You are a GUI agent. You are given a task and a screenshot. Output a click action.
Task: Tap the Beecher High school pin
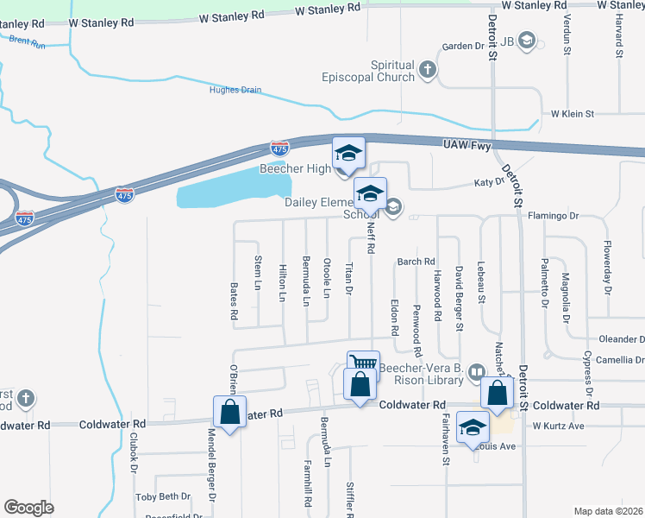pyautogui.click(x=349, y=154)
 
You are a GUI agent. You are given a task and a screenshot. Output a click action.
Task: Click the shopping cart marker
pyautogui.click(x=364, y=364)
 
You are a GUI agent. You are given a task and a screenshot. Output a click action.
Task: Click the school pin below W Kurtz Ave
pyautogui.click(x=473, y=429)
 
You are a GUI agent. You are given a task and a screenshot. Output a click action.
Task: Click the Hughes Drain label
pyautogui.click(x=235, y=90)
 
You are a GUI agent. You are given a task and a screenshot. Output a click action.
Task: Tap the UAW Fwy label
pyautogui.click(x=467, y=145)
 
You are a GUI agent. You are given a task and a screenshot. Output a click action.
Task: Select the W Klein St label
pyautogui.click(x=573, y=114)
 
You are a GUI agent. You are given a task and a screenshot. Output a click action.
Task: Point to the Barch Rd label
pyautogui.click(x=416, y=262)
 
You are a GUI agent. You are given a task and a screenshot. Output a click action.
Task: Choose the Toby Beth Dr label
pyautogui.click(x=163, y=496)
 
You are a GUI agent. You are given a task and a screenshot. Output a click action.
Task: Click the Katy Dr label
pyautogui.click(x=488, y=183)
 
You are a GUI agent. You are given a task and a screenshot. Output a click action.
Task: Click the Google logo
pyautogui.click(x=29, y=508)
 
